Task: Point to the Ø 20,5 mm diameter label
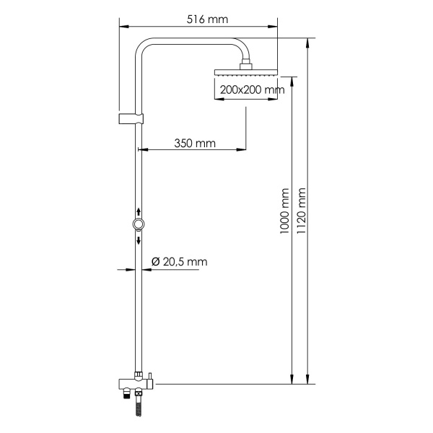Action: click(179, 262)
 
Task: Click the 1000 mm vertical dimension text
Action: click(284, 209)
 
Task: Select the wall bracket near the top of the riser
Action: click(130, 118)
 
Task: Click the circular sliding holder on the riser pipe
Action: click(137, 225)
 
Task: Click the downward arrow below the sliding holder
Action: click(137, 240)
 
